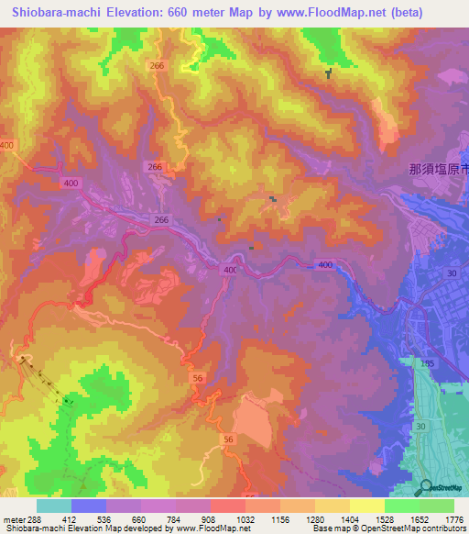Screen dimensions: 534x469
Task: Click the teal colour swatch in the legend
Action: pos(54,506)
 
